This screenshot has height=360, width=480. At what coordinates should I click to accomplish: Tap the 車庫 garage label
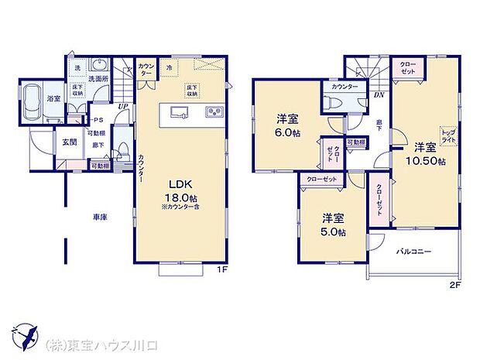pos(100,218)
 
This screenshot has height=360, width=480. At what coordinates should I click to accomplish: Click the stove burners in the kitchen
pos(214,114)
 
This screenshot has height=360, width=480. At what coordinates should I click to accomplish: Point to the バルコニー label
pos(414,252)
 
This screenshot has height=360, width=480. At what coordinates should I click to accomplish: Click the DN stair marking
pos(379,94)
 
